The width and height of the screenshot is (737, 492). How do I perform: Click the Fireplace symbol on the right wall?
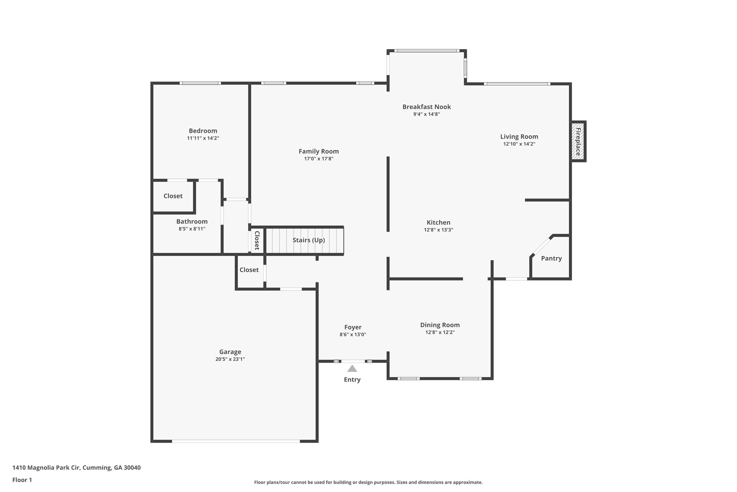[578, 141]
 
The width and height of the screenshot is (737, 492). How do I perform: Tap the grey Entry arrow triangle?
[352, 369]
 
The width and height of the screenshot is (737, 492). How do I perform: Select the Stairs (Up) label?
[308, 240]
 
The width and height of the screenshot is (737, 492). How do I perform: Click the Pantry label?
[551, 258]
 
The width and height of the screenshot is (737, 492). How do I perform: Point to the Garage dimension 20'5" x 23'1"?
[230, 359]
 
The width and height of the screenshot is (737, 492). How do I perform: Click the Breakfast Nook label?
[426, 107]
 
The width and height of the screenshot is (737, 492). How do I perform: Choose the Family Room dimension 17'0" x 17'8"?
[318, 159]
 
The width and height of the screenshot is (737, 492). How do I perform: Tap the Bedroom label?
[203, 131]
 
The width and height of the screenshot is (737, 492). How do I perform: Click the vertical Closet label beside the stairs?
[257, 240]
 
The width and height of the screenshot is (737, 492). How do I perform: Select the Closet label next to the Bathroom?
[173, 196]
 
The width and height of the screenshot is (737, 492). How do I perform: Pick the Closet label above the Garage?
[249, 270]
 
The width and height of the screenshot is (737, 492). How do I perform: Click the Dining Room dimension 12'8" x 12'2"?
[440, 332]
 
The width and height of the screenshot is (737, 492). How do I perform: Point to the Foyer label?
[353, 327]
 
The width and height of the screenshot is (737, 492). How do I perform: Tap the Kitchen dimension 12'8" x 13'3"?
[438, 230]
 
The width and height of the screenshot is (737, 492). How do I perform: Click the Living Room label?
[519, 137]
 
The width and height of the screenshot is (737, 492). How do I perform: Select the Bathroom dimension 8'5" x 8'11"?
[192, 229]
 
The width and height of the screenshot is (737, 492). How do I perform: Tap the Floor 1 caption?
[22, 480]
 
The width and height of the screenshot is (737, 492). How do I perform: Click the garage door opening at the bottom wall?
[236, 441]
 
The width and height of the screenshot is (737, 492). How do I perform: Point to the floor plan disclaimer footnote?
[368, 482]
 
